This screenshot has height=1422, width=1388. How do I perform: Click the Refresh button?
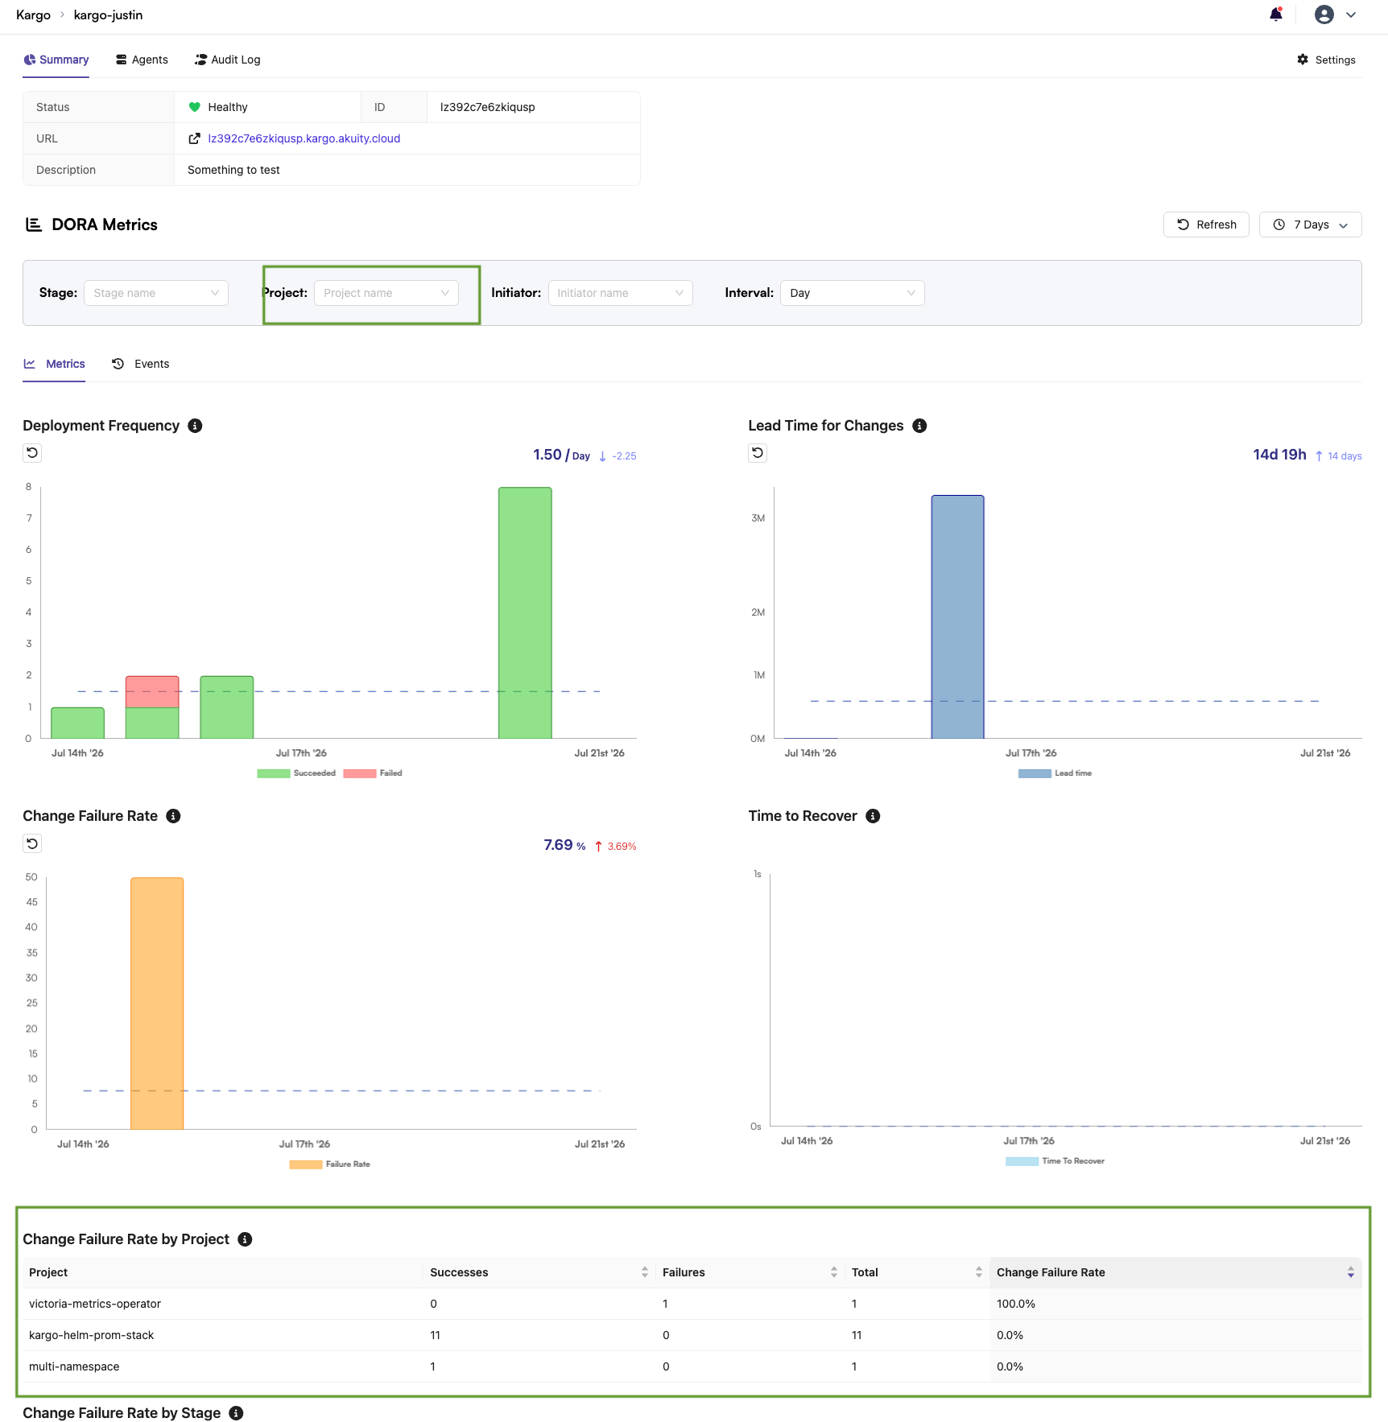click(1206, 225)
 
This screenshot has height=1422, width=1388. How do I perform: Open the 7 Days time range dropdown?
click(1310, 225)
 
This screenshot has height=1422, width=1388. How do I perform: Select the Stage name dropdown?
click(156, 293)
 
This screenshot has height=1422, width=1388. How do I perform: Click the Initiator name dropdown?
click(620, 293)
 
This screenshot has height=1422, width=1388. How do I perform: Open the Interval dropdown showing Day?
click(852, 293)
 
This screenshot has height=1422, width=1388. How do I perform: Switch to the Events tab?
click(141, 364)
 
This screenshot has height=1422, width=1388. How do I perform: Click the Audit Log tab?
click(228, 60)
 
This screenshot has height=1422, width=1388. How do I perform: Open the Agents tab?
click(142, 60)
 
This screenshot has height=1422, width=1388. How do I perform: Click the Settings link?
click(1326, 60)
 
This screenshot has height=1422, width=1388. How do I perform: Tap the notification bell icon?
click(1276, 14)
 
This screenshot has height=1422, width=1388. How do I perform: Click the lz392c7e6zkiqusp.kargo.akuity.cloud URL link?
click(304, 138)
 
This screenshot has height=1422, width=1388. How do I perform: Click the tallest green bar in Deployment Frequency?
click(525, 612)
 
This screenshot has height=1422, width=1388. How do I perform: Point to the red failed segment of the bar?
click(152, 691)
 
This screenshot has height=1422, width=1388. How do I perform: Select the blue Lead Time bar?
click(958, 616)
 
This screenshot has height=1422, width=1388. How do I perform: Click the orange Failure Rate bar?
click(157, 1003)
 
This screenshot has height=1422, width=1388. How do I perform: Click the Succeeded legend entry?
click(296, 773)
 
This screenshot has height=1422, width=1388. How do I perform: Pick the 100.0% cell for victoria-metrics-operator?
click(1016, 1304)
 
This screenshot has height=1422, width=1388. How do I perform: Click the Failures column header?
click(684, 1272)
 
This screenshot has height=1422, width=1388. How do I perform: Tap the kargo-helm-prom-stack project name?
click(91, 1335)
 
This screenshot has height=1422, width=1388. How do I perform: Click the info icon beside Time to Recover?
click(873, 816)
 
